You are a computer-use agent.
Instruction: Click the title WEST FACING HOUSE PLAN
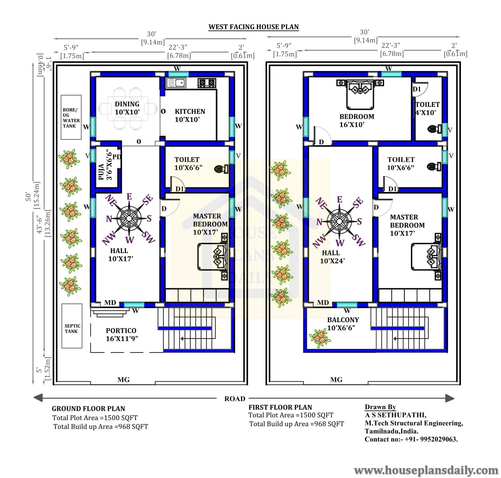253,27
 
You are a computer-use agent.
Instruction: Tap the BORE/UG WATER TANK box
71,117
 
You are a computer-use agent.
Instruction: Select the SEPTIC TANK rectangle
72,326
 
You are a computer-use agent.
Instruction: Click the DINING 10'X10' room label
127,108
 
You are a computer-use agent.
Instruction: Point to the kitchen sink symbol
176,83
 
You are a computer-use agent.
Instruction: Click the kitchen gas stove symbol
207,83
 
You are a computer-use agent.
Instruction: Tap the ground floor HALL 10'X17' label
120,255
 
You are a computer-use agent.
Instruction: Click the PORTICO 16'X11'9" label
122,334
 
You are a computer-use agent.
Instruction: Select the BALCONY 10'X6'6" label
343,323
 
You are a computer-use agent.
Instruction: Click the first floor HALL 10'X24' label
332,257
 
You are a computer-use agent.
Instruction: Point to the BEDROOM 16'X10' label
357,121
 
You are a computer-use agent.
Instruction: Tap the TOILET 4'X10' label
427,108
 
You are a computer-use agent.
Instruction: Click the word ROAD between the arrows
235,399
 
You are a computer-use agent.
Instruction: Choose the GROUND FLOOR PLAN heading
88,409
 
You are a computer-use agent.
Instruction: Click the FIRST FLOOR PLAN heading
280,407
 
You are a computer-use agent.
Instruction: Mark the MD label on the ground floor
110,303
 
